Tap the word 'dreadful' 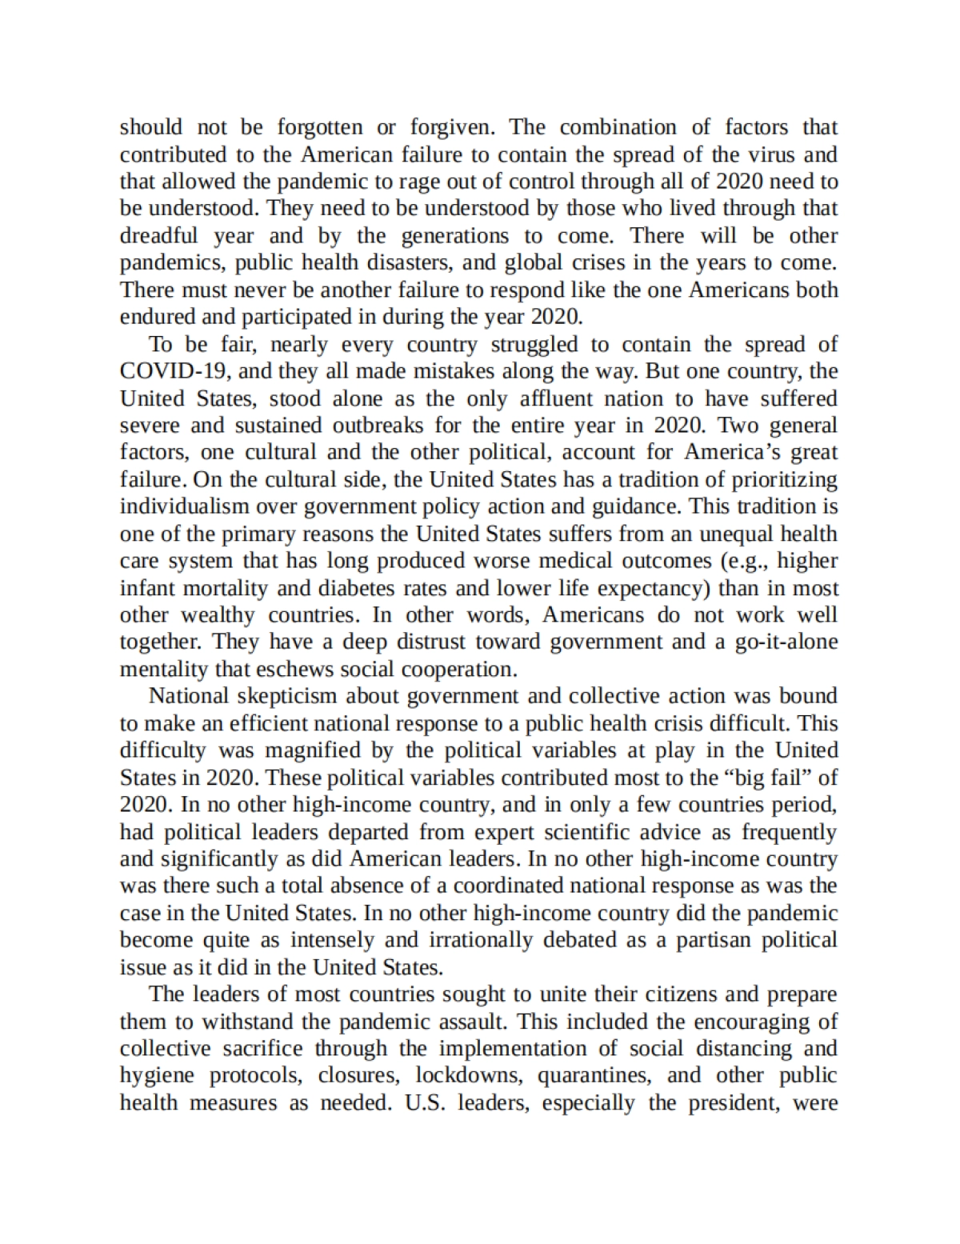(158, 236)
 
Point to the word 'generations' (454, 236)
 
